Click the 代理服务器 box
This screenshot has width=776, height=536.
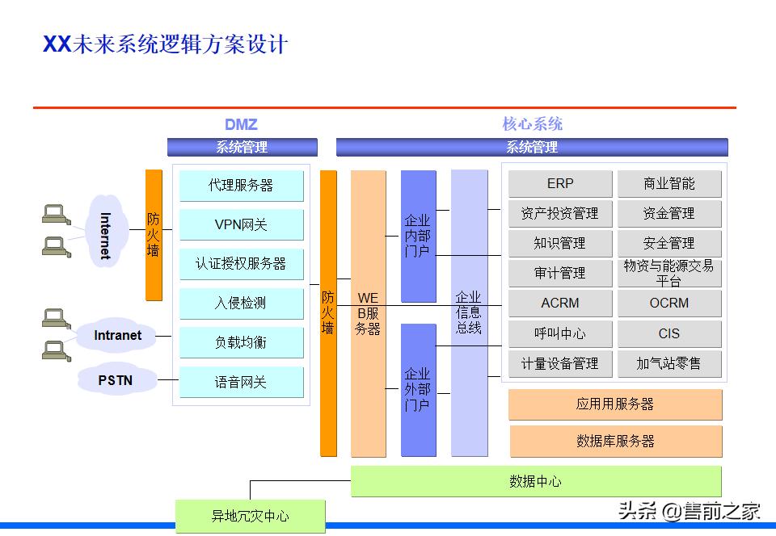click(x=241, y=186)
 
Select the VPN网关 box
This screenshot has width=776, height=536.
click(x=241, y=224)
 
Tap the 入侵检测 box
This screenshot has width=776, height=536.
click(x=241, y=304)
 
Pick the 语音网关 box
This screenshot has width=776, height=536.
click(x=241, y=382)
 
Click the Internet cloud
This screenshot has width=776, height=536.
click(x=107, y=235)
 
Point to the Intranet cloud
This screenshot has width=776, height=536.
click(x=117, y=335)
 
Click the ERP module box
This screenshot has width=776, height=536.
click(x=559, y=184)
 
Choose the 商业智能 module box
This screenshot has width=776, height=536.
click(x=668, y=184)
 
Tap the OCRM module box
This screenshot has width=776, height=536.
click(x=668, y=304)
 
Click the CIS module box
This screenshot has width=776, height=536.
click(x=668, y=333)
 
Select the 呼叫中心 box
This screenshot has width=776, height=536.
click(x=559, y=333)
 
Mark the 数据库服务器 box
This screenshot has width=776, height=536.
click(x=615, y=442)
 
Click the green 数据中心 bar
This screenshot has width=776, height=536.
click(x=535, y=482)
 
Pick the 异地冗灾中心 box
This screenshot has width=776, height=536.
click(x=251, y=516)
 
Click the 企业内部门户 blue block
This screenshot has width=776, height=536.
click(x=418, y=236)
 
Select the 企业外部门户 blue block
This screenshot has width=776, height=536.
click(x=418, y=389)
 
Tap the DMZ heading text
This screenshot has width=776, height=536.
click(x=241, y=124)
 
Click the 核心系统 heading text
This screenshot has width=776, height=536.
click(x=532, y=124)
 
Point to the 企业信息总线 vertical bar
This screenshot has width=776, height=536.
click(x=469, y=312)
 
